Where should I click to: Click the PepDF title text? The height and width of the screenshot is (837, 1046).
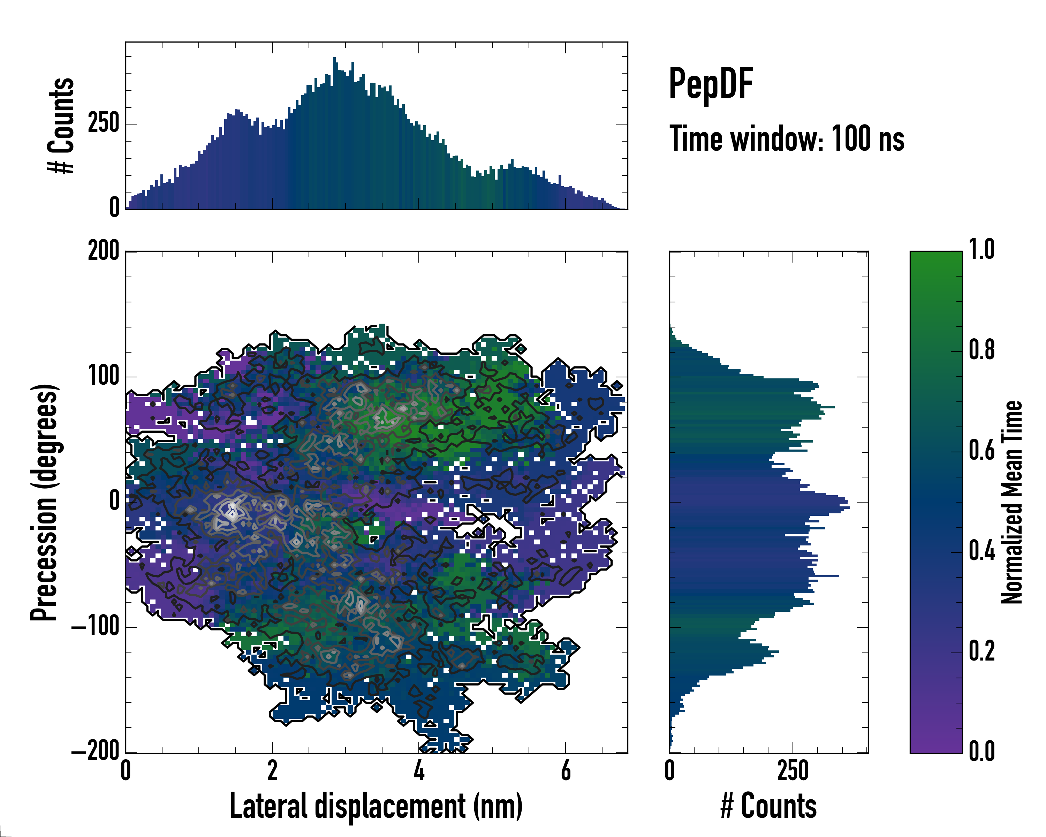[x=711, y=83]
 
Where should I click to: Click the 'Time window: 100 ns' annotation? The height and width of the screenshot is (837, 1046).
[x=787, y=139]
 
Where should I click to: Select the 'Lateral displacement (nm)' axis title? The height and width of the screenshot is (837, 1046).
[x=376, y=806]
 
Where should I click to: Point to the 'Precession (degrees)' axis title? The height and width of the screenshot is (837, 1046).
[x=44, y=502]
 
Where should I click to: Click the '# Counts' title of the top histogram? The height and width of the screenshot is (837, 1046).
[x=61, y=125]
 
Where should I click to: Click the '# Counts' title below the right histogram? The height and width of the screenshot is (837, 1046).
[x=768, y=806]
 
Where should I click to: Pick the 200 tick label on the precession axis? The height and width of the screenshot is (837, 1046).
[x=103, y=251]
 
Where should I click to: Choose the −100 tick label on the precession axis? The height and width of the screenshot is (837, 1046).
[x=95, y=627]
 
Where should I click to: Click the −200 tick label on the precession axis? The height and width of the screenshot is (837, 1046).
[x=95, y=752]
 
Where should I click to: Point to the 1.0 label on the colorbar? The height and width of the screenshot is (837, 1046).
[x=981, y=250]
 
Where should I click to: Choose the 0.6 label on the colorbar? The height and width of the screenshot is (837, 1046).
[x=981, y=451]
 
